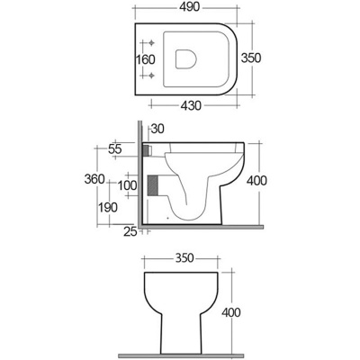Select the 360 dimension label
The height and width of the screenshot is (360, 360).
[108, 179]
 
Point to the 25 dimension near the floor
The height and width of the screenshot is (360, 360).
[130, 233]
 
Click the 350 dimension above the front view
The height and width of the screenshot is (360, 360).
[183, 256]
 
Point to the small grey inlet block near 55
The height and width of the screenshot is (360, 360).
[148, 148]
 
